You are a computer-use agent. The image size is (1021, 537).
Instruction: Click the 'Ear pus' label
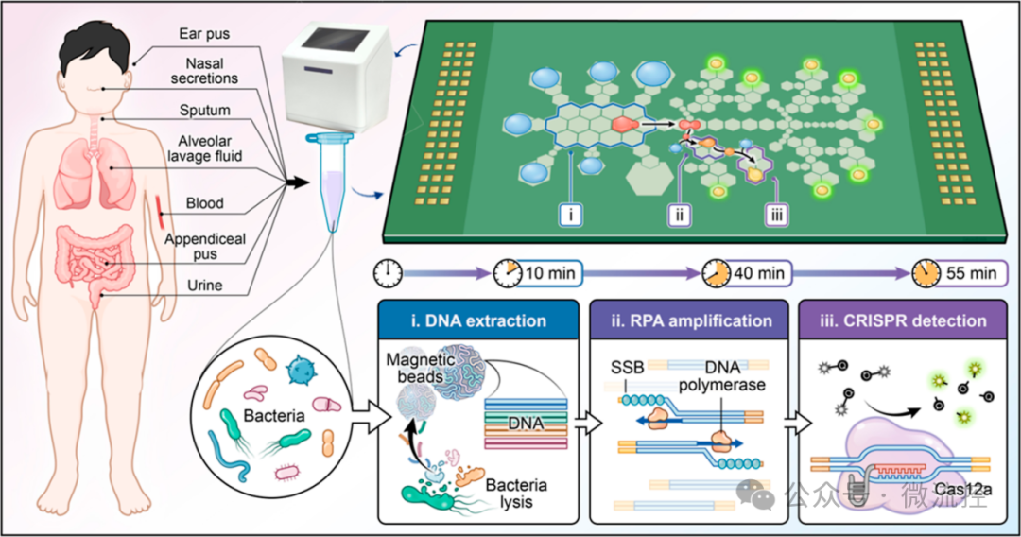pyautogui.click(x=204, y=34)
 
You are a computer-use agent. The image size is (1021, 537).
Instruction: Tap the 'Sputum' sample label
pyautogui.click(x=204, y=110)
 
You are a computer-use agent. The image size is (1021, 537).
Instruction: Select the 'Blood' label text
pyautogui.click(x=204, y=203)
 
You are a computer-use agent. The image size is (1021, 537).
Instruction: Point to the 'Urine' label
pyautogui.click(x=204, y=286)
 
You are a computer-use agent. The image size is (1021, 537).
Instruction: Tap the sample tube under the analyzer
pyautogui.click(x=332, y=182)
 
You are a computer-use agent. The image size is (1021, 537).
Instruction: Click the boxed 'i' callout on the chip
pyautogui.click(x=570, y=215)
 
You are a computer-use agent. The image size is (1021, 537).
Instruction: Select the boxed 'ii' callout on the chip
pyautogui.click(x=679, y=215)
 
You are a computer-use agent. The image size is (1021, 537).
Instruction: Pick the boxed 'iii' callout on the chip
pyautogui.click(x=776, y=215)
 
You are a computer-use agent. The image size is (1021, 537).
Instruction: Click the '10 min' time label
pyautogui.click(x=549, y=273)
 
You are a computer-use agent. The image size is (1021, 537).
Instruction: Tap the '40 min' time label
pyautogui.click(x=758, y=273)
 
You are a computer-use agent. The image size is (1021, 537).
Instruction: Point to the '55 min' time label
pyautogui.click(x=972, y=273)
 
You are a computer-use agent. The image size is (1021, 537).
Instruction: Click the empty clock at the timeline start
pyautogui.click(x=388, y=274)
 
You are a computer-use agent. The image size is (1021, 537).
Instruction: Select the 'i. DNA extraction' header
pyautogui.click(x=478, y=320)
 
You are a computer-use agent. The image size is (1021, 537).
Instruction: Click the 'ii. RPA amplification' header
pyautogui.click(x=689, y=320)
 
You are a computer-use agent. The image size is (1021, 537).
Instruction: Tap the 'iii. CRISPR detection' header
pyautogui.click(x=903, y=320)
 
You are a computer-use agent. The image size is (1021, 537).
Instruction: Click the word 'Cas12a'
pyautogui.click(x=962, y=489)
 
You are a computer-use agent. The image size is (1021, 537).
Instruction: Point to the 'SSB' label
pyautogui.click(x=627, y=368)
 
